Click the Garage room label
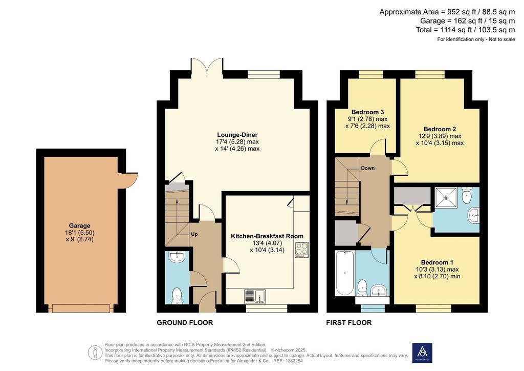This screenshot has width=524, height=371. pyautogui.click(x=80, y=226)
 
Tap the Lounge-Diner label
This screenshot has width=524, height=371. pyautogui.click(x=237, y=135)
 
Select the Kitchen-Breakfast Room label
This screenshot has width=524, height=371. pyautogui.click(x=267, y=236)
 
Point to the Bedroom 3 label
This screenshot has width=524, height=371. pyautogui.click(x=367, y=112)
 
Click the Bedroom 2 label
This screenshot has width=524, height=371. pyautogui.click(x=440, y=129)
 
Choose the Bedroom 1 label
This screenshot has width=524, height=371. pyautogui.click(x=437, y=262)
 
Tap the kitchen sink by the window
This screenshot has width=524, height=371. pyautogui.click(x=256, y=296)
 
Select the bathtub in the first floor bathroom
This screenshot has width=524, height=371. pyautogui.click(x=345, y=273)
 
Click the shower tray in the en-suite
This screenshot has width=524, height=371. pyautogui.click(x=446, y=197)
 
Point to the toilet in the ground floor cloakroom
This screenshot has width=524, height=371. pyautogui.click(x=177, y=295)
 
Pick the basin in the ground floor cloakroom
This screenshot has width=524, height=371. pyautogui.click(x=177, y=257)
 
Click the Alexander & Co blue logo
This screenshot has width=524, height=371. pyautogui.click(x=422, y=353)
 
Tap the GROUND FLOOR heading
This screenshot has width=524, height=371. pyautogui.click(x=185, y=322)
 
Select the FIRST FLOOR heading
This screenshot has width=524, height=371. pyautogui.click(x=349, y=322)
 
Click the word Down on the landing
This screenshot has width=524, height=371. pyautogui.click(x=367, y=168)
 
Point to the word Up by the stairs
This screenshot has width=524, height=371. pyautogui.click(x=194, y=234)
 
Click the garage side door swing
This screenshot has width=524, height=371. pyautogui.click(x=129, y=180)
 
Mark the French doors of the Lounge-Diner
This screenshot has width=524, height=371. pyautogui.click(x=207, y=66)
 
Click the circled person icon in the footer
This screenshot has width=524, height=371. pyautogui.click(x=96, y=353)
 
